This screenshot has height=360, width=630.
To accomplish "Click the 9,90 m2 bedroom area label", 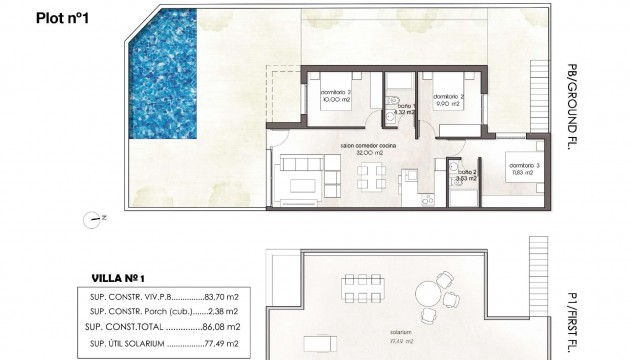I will point(448,103).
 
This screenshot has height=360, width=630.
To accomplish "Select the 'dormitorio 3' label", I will point(523,165).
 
